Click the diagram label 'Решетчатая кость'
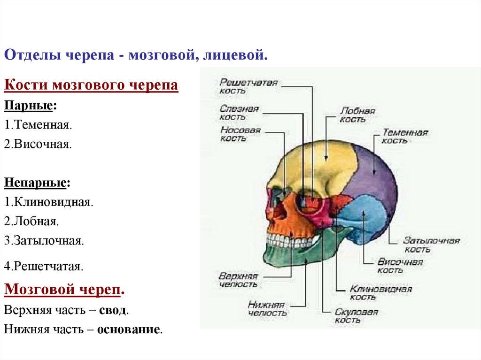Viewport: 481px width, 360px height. click(x=248, y=87)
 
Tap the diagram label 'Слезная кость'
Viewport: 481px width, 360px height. click(x=239, y=113)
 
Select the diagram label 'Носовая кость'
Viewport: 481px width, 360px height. click(x=240, y=134)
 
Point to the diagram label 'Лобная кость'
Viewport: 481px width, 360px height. click(x=357, y=115)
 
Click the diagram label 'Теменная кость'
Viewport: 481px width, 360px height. click(x=404, y=136)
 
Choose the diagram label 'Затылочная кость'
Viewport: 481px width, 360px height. click(x=431, y=245)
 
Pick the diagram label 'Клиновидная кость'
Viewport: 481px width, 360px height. click(x=380, y=293)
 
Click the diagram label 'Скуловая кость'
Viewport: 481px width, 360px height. click(x=356, y=316)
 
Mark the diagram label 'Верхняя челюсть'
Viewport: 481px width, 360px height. click(x=238, y=279)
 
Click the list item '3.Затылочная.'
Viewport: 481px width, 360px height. click(x=44, y=241)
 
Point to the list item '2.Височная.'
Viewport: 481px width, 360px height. click(x=38, y=144)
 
